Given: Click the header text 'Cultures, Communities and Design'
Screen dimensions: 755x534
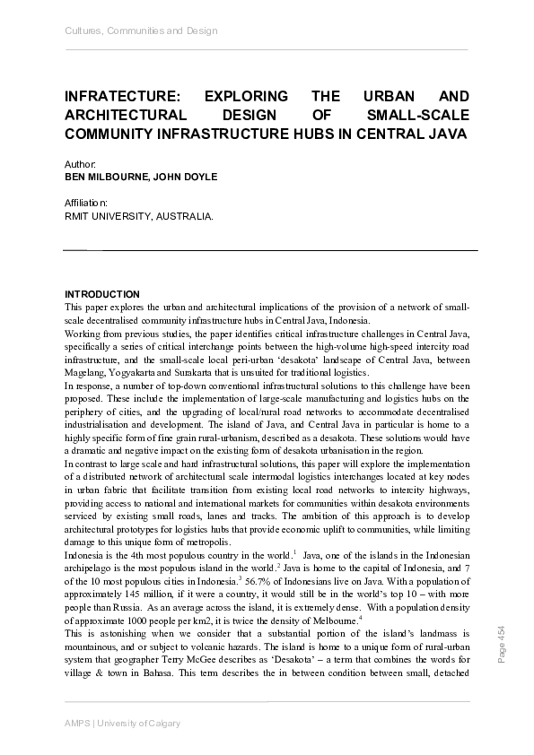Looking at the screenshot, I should tap(141, 31).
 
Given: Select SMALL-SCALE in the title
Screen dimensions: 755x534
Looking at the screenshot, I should tap(418, 115).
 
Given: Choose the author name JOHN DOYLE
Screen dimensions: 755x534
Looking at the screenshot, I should tap(184, 178).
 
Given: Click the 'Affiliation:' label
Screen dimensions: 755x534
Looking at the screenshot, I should tap(87, 204).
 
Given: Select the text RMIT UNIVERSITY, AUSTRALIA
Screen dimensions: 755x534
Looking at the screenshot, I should tap(139, 216).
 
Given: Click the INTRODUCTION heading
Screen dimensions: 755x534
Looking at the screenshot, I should tap(102, 294).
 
